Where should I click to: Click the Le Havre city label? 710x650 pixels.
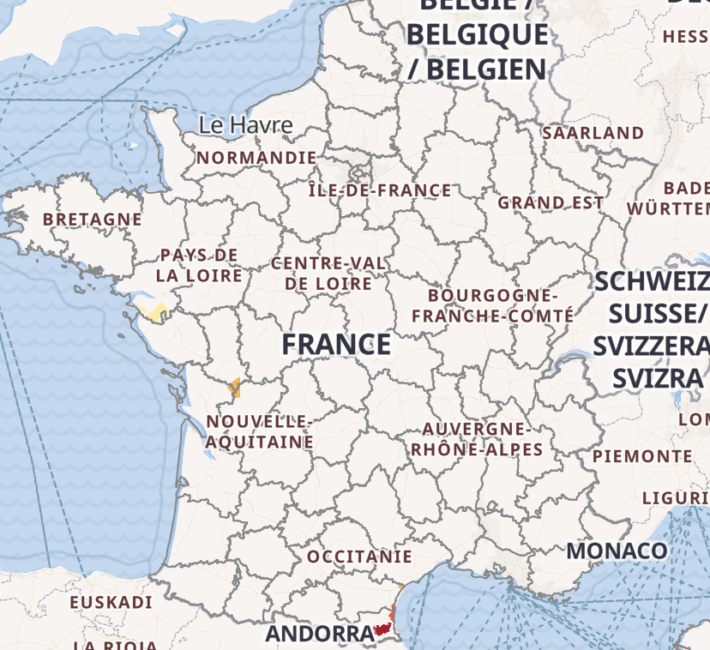245,125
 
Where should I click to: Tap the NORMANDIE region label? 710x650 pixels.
256,158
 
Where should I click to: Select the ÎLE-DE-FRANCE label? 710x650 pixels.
380,190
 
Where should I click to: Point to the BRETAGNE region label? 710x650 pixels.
93,220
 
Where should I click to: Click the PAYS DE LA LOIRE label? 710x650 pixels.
199,266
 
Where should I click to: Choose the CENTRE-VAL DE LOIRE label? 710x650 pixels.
328,273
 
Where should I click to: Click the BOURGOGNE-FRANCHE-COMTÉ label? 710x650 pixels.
492,305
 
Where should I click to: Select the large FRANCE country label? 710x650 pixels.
336,345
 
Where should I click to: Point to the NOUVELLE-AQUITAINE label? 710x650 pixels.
259,432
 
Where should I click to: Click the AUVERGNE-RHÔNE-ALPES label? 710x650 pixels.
477,439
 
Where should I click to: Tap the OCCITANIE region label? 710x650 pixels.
359,557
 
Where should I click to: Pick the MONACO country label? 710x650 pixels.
617,550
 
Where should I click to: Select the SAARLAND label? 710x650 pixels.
593,133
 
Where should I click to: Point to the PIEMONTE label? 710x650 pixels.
641,456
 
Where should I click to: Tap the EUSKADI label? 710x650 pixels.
111,603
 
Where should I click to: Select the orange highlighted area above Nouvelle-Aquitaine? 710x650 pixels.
234,388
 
